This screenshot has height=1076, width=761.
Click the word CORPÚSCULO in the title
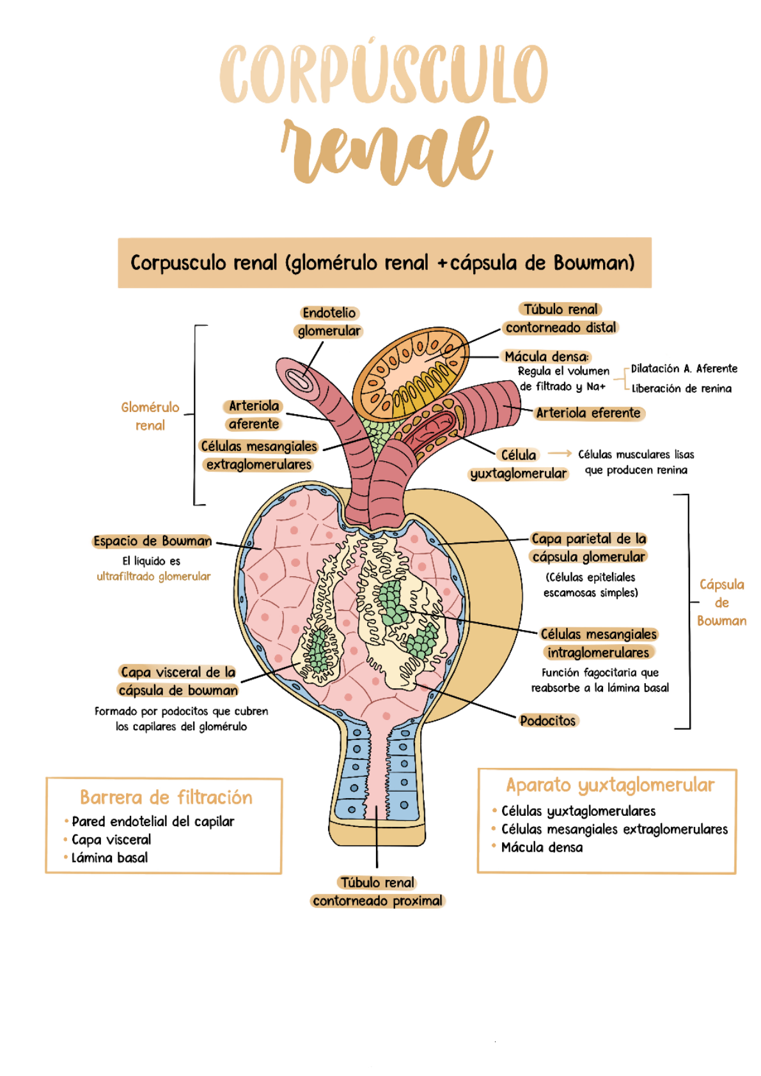click(x=384, y=73)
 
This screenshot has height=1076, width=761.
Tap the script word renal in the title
click(x=387, y=150)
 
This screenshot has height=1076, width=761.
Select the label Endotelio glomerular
click(x=329, y=321)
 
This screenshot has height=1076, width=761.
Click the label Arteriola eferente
click(x=588, y=413)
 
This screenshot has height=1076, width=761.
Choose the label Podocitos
click(x=547, y=721)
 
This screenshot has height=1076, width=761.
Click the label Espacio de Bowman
click(x=152, y=541)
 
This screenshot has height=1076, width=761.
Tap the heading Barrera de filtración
click(x=166, y=797)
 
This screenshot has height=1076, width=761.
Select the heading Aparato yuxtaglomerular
click(x=610, y=785)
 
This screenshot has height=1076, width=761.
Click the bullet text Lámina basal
click(x=109, y=857)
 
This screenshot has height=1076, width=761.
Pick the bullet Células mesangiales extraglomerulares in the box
click(x=614, y=829)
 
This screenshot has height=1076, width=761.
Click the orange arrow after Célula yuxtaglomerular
click(x=559, y=453)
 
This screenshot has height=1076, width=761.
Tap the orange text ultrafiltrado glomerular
click(x=153, y=576)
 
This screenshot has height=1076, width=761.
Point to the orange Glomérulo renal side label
click(x=150, y=416)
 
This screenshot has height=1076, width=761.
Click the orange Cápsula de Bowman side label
click(x=721, y=603)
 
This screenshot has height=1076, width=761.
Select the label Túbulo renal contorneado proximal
click(x=377, y=891)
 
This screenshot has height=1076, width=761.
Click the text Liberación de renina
click(x=682, y=388)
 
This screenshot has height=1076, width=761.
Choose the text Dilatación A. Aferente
click(x=684, y=369)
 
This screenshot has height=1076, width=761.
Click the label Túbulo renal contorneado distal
click(x=561, y=318)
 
